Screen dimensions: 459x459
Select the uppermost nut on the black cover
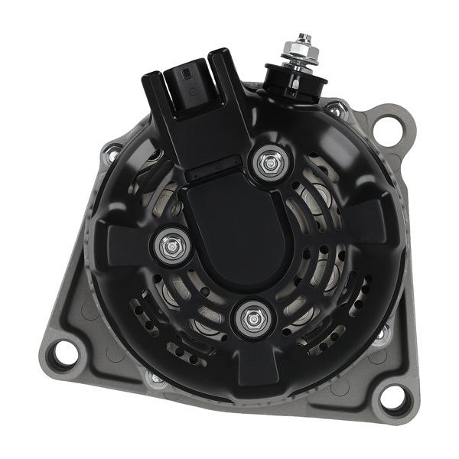(268, 162)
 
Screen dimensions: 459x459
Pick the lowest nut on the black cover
(251, 320)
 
